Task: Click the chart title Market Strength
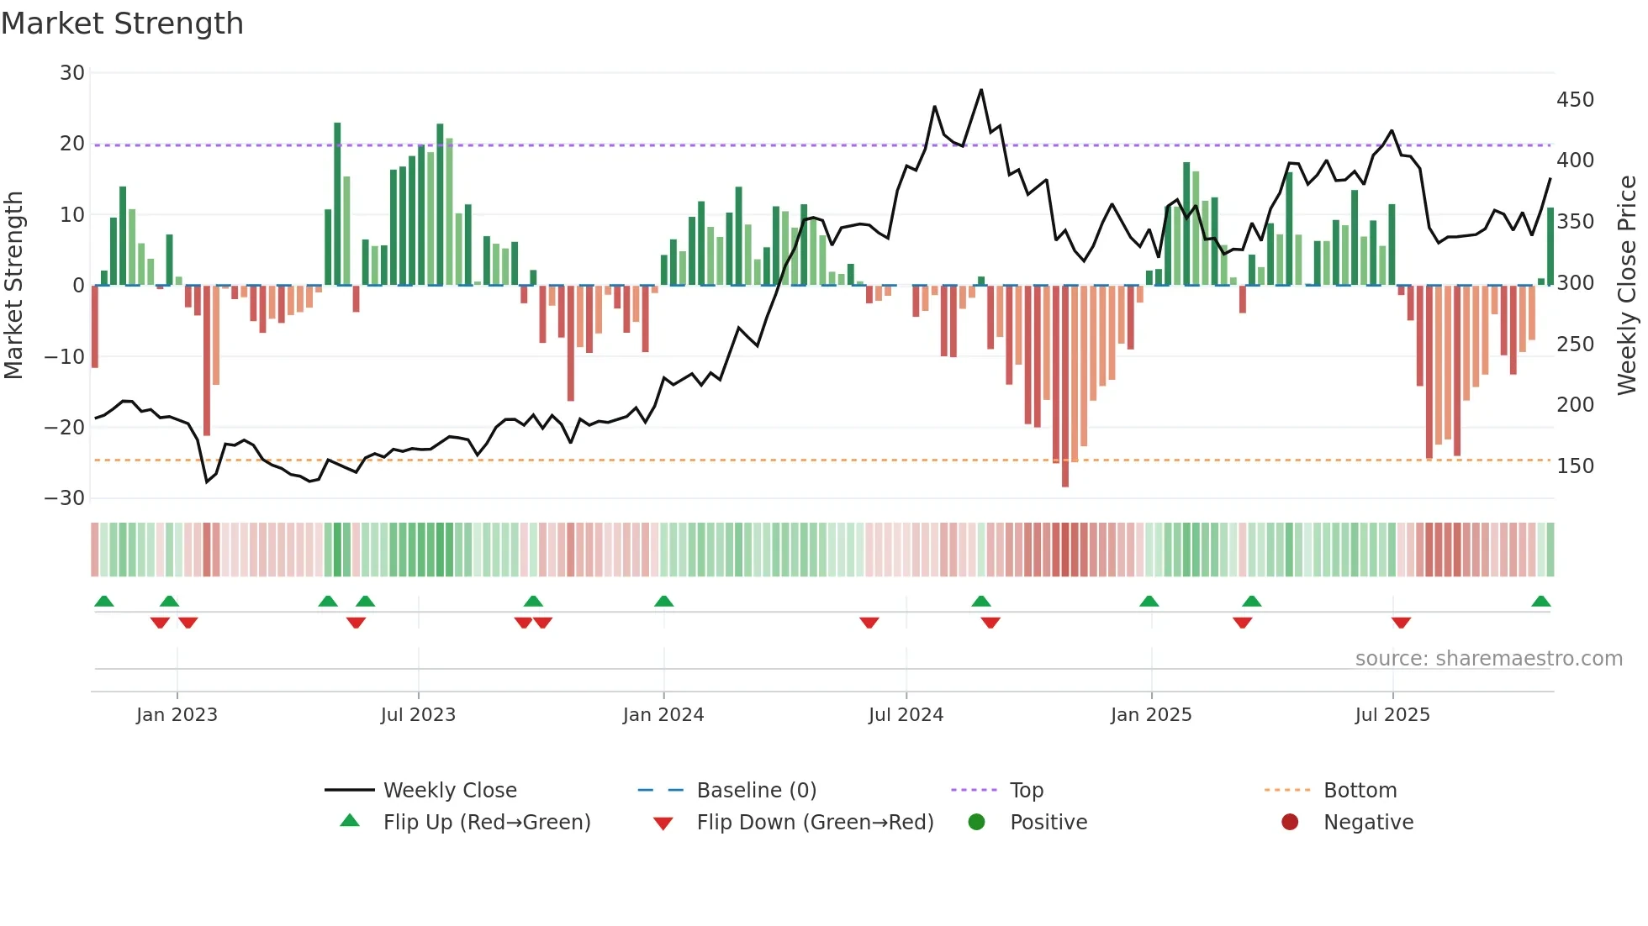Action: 122,24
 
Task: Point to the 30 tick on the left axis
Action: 72,73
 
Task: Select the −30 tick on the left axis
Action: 65,498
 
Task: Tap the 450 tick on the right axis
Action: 1575,100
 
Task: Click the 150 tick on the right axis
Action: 1575,466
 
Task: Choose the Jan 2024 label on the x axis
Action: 663,715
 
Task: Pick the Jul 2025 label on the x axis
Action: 1392,715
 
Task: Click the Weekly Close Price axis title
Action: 1627,286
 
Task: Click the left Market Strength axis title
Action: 14,286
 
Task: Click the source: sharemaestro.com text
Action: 1488,659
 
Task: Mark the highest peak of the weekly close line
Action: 981,90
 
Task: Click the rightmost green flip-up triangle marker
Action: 1541,602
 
